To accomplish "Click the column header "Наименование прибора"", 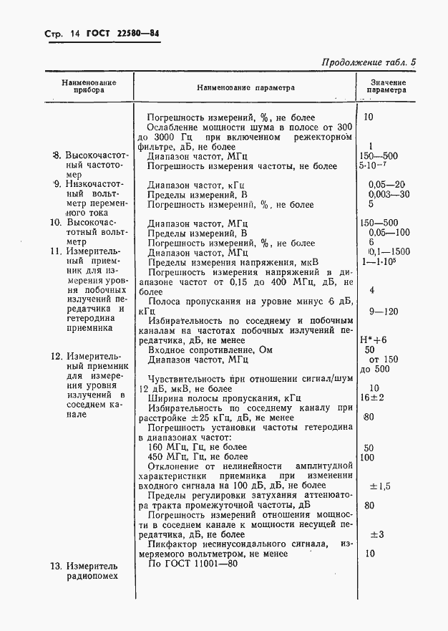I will (x=89, y=87).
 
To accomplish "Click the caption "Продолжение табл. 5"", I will (x=369, y=62).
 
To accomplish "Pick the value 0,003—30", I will (x=389, y=193).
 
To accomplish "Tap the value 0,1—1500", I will (x=389, y=252).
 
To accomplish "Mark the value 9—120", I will (x=386, y=311).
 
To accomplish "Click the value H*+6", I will (x=373, y=339).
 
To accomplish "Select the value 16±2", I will (x=372, y=398).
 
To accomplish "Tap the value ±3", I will (x=376, y=534).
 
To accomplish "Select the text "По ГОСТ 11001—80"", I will (x=192, y=564).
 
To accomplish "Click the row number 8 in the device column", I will (x=56, y=155).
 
